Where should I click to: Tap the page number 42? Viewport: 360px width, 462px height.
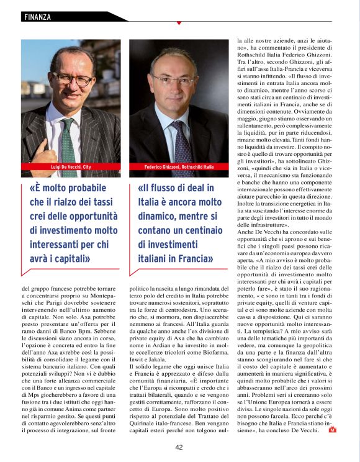[179, 447]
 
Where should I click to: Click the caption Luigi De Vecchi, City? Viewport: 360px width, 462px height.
[70, 168]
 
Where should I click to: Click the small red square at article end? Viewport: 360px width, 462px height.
[332, 429]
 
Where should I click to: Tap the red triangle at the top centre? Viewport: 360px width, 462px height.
[179, 23]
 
